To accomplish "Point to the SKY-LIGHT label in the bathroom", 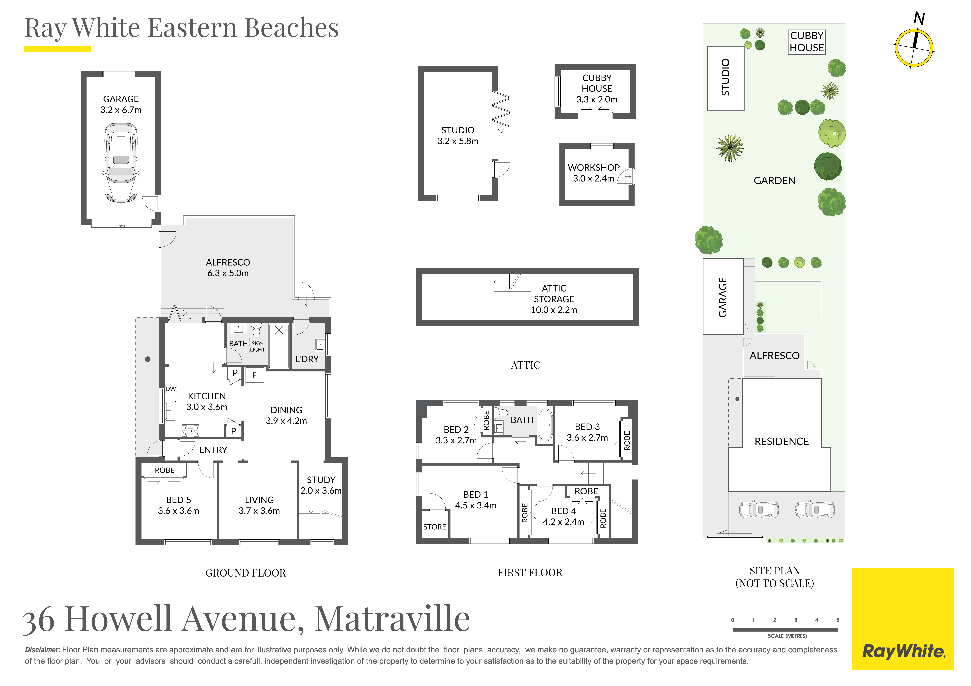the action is click(257, 347).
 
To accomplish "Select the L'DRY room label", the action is click(307, 359).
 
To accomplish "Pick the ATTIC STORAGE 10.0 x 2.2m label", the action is click(554, 299).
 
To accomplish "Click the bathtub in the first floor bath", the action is click(545, 425).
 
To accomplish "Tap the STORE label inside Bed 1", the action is click(435, 527).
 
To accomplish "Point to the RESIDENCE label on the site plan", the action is click(782, 441).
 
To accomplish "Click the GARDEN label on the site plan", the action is click(774, 181).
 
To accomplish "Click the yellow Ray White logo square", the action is click(903, 619).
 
